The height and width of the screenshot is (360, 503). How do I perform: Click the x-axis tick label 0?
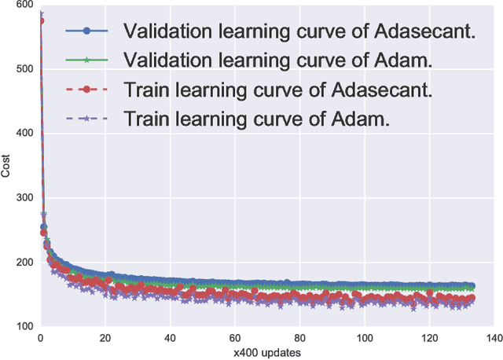point(40,337)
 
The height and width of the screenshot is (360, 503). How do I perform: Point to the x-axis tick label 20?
point(105,337)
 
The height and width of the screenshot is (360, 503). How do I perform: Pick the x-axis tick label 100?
point(363,337)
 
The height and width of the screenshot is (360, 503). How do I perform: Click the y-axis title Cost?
point(6,166)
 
